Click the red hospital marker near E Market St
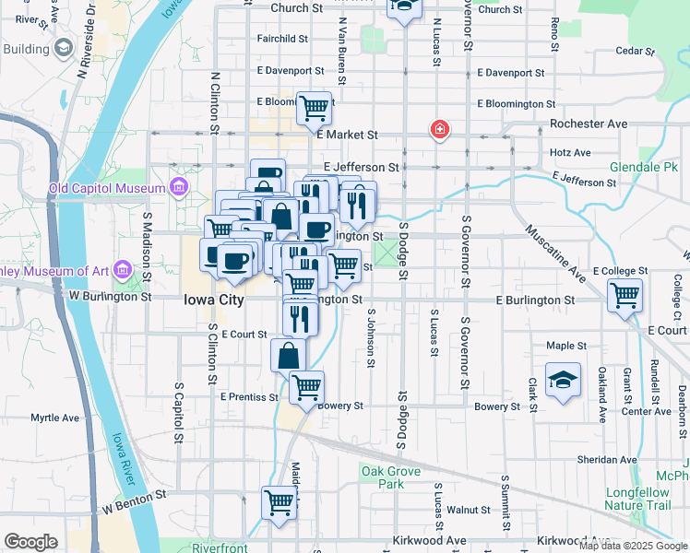click(x=440, y=130)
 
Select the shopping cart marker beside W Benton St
click(x=279, y=503)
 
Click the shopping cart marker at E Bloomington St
click(x=314, y=108)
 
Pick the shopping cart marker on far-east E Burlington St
click(x=625, y=297)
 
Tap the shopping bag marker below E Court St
click(x=289, y=355)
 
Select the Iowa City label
click(x=213, y=300)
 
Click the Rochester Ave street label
click(x=588, y=124)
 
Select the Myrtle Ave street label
click(x=55, y=418)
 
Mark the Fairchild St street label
click(x=282, y=39)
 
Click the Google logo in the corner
click(x=30, y=542)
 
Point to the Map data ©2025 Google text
click(x=633, y=546)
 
